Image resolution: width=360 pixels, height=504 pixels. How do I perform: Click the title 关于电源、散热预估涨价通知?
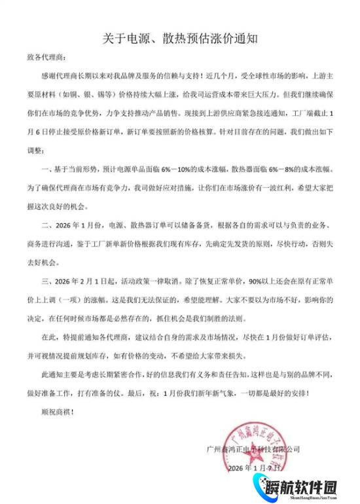point(180,39)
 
